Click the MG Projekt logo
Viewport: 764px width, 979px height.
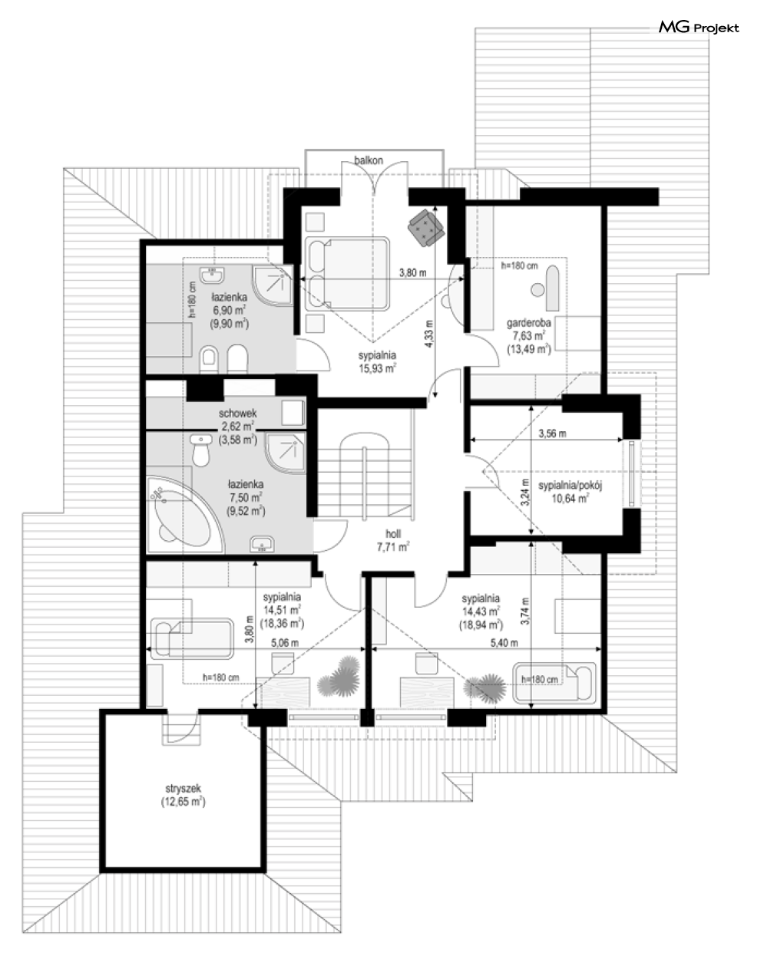coord(699,28)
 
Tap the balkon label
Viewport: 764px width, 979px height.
coord(369,160)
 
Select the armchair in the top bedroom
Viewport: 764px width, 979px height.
coord(425,229)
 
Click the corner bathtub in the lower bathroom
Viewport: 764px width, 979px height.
coord(185,515)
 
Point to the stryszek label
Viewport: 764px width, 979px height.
coord(183,789)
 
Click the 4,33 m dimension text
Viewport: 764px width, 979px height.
coord(428,334)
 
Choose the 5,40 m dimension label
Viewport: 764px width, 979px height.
coord(504,643)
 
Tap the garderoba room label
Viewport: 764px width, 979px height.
coord(529,322)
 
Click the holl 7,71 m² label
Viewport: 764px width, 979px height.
coord(393,541)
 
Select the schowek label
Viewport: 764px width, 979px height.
coord(237,413)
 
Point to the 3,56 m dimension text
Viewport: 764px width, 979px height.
coord(552,433)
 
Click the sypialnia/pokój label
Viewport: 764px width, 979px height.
coord(571,486)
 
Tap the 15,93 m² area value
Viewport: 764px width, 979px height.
coord(377,368)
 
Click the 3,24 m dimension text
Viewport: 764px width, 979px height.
coord(525,492)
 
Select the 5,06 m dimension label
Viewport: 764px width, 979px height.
coord(284,643)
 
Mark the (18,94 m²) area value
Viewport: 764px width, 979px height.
coord(481,625)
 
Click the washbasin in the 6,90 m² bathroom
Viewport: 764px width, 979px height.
coord(212,275)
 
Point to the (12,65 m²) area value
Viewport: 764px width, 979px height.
coord(183,802)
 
